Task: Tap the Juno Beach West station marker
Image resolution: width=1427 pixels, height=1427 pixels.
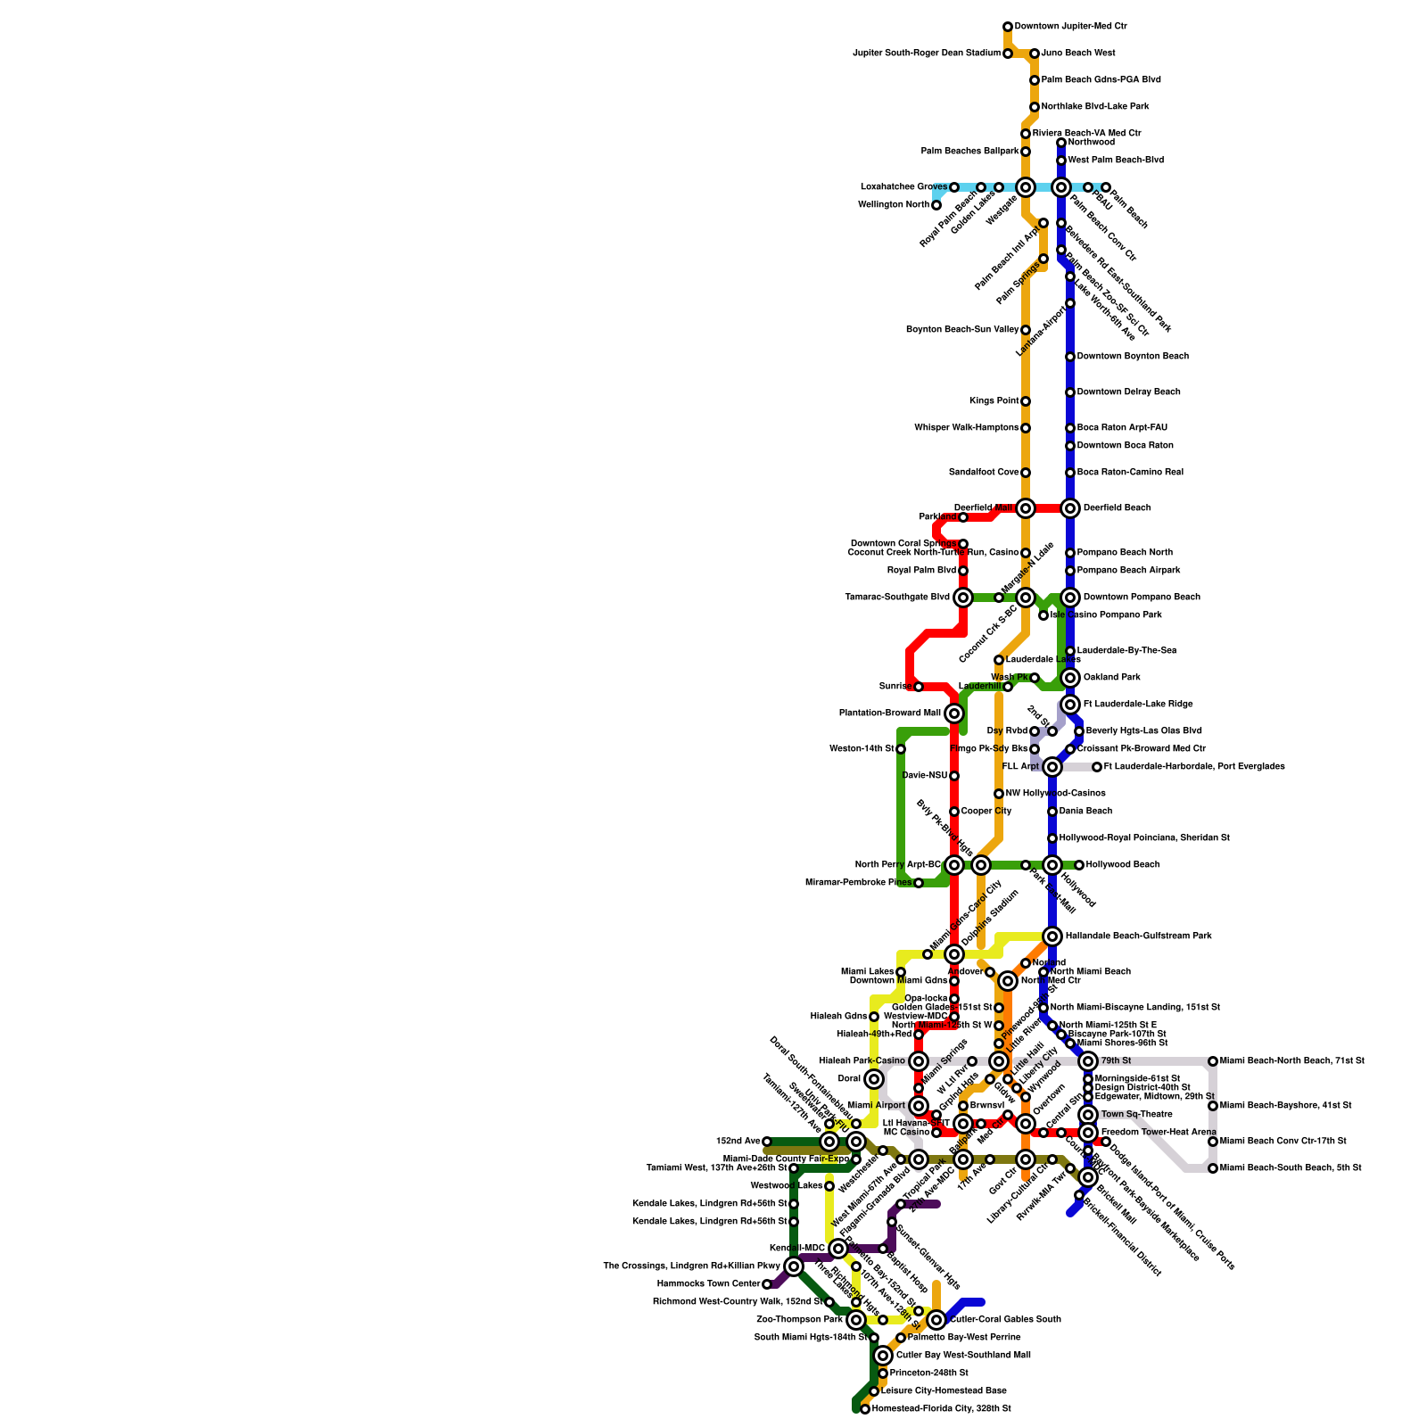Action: [x=1035, y=54]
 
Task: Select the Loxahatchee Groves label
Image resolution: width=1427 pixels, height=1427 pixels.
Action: [x=903, y=187]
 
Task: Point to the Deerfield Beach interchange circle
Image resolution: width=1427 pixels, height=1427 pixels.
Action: [x=1070, y=508]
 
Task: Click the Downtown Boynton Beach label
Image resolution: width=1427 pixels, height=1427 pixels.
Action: [x=1133, y=357]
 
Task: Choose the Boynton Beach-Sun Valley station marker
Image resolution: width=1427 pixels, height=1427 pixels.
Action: [x=1026, y=330]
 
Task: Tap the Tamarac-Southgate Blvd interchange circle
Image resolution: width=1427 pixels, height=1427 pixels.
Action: [x=963, y=598]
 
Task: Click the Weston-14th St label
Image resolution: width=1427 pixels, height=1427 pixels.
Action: [x=862, y=749]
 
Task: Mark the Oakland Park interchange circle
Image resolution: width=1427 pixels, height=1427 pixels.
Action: [x=1070, y=678]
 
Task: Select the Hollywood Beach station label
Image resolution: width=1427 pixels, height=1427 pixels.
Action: [x=1122, y=865]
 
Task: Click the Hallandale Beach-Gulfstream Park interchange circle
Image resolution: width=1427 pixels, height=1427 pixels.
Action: [x=1052, y=936]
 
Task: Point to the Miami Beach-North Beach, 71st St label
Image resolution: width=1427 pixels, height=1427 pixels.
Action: [x=1291, y=1061]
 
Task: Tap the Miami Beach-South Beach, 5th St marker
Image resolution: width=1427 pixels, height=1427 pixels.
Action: [x=1213, y=1168]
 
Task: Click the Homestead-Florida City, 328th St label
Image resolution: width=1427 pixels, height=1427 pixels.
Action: [x=941, y=1409]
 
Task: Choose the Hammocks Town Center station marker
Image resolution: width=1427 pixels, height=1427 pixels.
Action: [x=767, y=1284]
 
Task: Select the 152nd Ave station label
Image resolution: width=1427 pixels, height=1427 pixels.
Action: [x=738, y=1142]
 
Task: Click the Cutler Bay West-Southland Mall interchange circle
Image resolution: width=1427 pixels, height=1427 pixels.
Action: [x=883, y=1356]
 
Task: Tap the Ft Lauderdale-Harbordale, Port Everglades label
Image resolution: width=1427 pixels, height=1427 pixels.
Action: [x=1194, y=767]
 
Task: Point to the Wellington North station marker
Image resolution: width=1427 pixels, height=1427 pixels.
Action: [x=936, y=205]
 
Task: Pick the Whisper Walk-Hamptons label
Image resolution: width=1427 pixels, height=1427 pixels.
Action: [x=966, y=428]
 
